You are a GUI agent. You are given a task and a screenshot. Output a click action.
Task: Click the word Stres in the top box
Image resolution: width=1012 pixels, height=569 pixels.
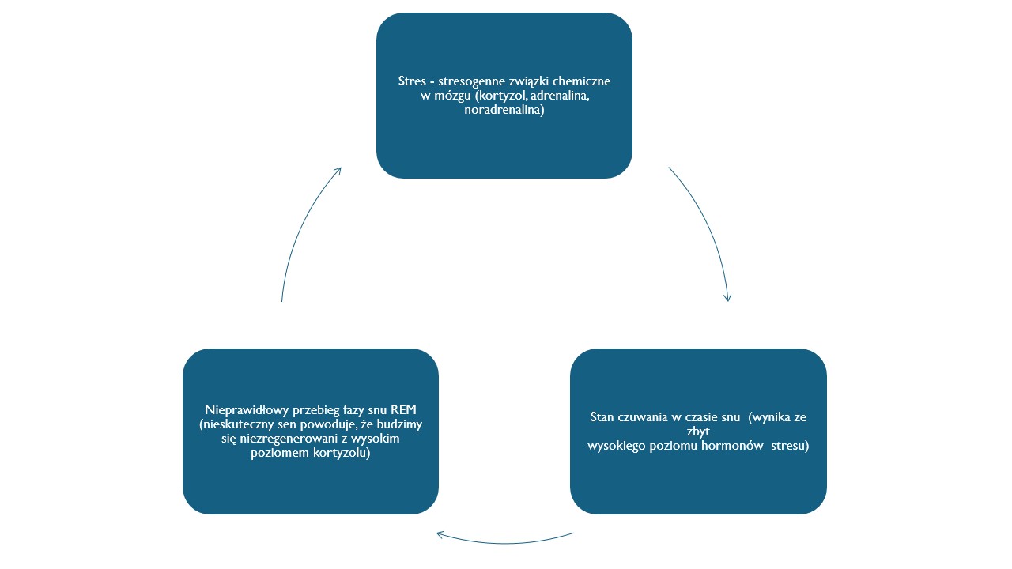(412, 81)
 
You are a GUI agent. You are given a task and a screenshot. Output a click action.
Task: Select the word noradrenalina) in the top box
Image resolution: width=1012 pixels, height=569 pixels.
(504, 110)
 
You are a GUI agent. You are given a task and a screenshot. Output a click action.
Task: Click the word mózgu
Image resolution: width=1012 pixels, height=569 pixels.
(452, 96)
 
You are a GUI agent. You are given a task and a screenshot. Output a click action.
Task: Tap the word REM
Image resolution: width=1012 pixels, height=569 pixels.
(403, 409)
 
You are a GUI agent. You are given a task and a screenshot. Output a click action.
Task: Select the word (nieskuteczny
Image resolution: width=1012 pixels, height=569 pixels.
(233, 425)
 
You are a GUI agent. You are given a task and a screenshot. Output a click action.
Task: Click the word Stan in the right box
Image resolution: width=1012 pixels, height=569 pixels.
(602, 416)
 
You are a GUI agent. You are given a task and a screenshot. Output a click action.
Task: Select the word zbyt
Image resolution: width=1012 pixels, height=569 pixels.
(698, 431)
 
